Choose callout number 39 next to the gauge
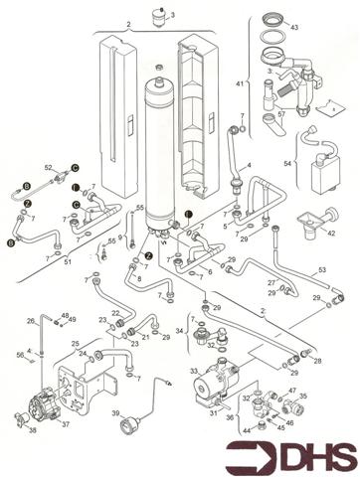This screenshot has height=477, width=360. tap(116, 413)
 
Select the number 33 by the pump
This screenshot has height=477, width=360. tap(180, 370)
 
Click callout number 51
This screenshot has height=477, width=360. tap(68, 262)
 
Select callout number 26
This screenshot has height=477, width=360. tap(31, 321)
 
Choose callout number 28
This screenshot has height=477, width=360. tap(317, 362)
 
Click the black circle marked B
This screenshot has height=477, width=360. tap(12, 241)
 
